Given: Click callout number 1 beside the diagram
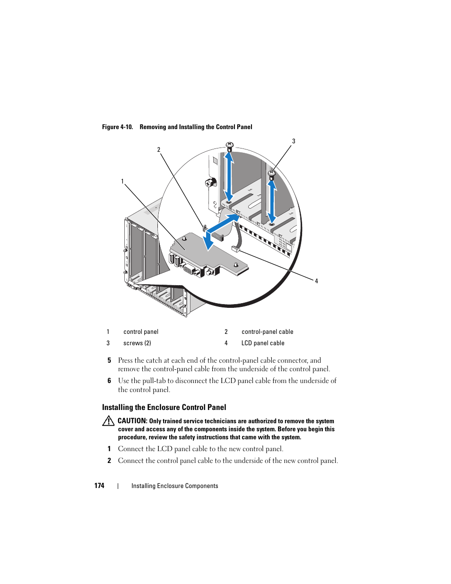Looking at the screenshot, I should coord(122,182).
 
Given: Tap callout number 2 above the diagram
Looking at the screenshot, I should coord(159,150).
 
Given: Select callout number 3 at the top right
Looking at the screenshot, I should coord(294,141).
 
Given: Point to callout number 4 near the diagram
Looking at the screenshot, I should coord(316,281).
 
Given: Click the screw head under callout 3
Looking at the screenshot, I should coord(271,174).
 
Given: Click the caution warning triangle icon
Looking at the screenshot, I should coord(108,421).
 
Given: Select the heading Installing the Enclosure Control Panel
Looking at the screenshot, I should coord(164,407).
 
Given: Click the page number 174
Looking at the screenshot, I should coord(99,486).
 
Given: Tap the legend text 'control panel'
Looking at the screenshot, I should coord(141,332).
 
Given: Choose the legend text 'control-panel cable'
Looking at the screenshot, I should coord(267,332).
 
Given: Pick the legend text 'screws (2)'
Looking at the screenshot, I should coord(137,343).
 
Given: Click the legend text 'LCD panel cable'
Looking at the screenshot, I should coord(263,343).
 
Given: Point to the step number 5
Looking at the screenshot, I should coord(109,360).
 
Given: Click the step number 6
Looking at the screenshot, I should coord(109,381).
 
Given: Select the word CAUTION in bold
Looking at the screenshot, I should coord(132,421).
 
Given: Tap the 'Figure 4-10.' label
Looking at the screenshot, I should coord(117,127).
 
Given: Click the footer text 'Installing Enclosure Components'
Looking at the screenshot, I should coord(174,486).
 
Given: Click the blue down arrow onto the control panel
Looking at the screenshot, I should coord(208,242).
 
